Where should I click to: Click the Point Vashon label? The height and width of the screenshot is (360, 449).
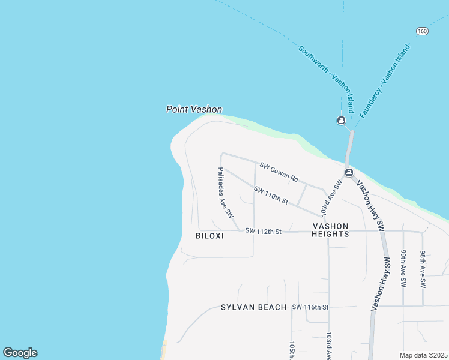[194, 110]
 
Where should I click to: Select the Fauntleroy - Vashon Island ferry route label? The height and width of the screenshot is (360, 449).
[384, 81]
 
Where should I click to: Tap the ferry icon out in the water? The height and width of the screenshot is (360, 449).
[341, 121]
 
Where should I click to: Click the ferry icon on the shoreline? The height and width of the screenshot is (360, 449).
[349, 173]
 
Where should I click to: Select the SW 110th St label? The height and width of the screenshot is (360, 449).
[271, 195]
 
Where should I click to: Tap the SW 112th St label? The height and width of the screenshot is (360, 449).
[263, 231]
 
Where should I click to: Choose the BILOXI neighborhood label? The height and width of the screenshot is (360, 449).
[209, 236]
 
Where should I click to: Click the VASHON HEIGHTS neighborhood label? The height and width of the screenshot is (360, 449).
[330, 230]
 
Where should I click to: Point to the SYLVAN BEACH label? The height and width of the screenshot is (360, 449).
[254, 307]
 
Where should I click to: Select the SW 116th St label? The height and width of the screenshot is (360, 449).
[310, 307]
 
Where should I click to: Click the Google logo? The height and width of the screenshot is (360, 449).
[20, 353]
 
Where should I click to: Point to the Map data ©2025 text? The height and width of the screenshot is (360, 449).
[423, 355]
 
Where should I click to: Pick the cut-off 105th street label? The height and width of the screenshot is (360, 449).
[292, 350]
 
